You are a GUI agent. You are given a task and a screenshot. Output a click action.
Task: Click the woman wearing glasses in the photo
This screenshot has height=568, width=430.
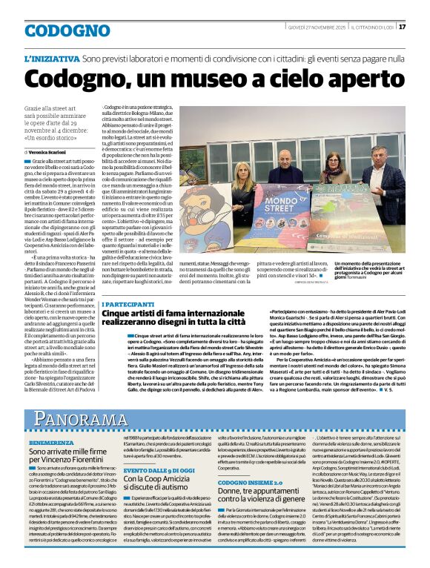[331, 162]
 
